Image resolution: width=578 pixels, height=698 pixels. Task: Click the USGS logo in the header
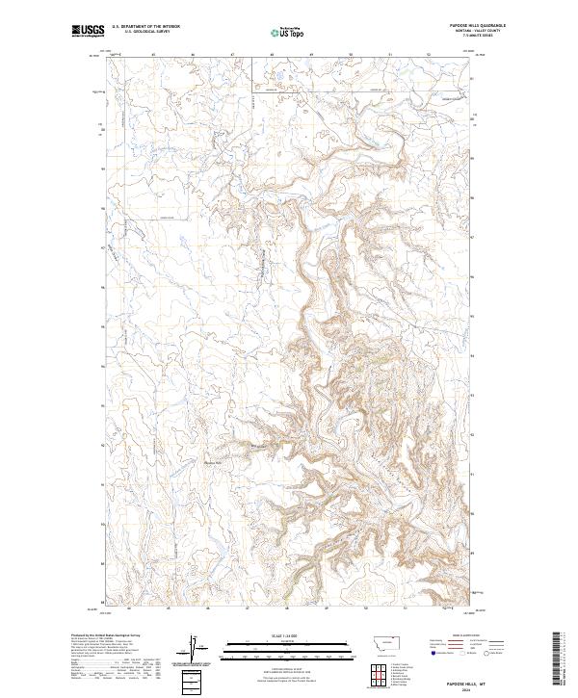click(x=88, y=31)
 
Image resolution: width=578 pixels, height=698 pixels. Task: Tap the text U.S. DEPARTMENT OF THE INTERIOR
click(x=146, y=27)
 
